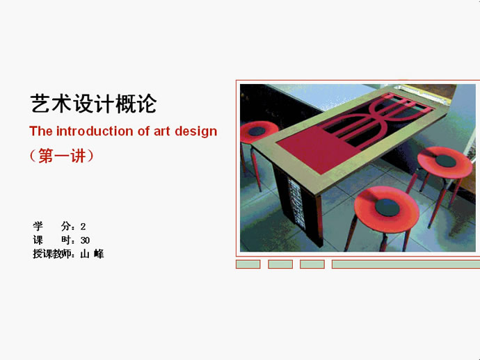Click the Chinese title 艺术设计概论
click(94, 104)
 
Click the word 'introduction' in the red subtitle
click(95, 131)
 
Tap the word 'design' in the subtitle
click(196, 132)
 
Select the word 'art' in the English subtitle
click(161, 131)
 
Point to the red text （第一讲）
click(61, 156)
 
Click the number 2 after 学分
click(83, 227)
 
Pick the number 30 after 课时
click(85, 240)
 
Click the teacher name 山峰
click(92, 254)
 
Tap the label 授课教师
click(52, 254)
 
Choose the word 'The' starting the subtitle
click(41, 131)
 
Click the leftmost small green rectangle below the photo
click(248, 264)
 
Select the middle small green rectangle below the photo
click(280, 264)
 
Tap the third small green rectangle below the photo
click(312, 264)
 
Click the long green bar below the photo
click(406, 264)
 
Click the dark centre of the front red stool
click(387, 207)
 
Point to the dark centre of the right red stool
click(445, 161)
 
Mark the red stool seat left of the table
click(258, 131)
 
